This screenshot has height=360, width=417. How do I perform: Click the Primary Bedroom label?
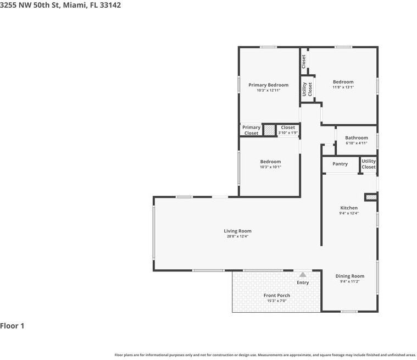click(268, 85)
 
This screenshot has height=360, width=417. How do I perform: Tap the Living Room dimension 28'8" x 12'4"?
click(237, 236)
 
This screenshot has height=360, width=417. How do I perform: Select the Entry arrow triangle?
click(303, 274)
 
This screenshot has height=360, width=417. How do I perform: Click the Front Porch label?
click(276, 295)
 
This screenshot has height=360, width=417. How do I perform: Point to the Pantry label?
click(340, 164)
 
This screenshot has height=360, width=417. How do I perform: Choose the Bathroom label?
click(356, 138)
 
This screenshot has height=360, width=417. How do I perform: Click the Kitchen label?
click(348, 208)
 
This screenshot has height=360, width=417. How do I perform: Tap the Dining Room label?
click(349, 276)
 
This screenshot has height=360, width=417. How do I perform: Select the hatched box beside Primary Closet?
click(269, 130)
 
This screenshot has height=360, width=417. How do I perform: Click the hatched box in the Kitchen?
click(371, 196)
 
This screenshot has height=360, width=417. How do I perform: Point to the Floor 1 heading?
click(12, 326)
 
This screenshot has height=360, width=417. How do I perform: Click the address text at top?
click(60, 5)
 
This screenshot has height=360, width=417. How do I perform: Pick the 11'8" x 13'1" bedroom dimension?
click(343, 87)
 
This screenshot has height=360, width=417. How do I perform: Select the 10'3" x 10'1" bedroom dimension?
click(270, 167)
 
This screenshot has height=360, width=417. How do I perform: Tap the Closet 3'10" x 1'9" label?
click(287, 130)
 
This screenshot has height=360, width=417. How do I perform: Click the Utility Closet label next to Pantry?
click(369, 164)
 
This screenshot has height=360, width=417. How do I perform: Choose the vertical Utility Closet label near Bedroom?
click(307, 89)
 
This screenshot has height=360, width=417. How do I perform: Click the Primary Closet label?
click(251, 130)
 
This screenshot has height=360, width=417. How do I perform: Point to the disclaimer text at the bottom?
click(265, 355)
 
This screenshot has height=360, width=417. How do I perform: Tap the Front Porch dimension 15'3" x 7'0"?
click(276, 301)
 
